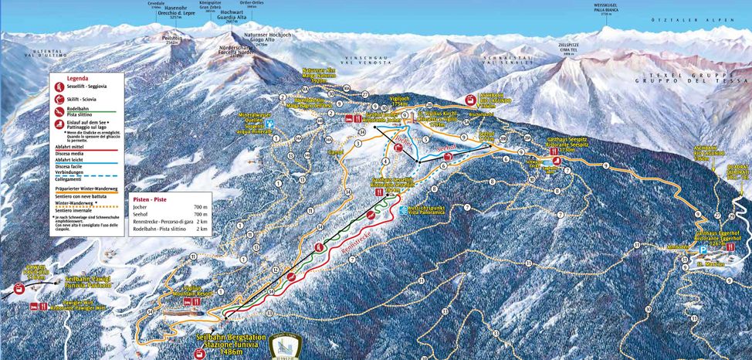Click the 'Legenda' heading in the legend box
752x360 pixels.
78,78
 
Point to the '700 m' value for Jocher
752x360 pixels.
202,208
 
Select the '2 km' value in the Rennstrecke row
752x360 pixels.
203,222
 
